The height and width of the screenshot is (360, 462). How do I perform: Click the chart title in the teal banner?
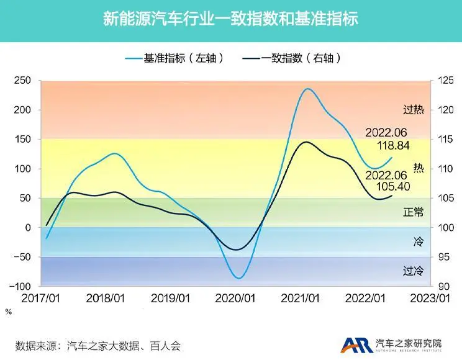231,19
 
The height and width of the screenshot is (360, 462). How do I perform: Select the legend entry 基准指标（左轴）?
174,58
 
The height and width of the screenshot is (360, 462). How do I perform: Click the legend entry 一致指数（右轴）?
292,58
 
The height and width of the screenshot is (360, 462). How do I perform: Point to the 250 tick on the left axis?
22,80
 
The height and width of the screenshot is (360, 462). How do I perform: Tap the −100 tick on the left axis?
20,286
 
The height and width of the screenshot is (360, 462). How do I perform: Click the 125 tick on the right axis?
445,80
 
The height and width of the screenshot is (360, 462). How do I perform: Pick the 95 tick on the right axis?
443,257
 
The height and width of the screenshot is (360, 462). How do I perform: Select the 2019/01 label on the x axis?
170,299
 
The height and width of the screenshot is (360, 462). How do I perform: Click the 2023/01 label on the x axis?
430,299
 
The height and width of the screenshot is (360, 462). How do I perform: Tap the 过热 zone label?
414,110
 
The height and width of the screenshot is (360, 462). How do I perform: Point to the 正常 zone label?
414,212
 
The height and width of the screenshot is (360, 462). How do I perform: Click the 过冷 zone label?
414,271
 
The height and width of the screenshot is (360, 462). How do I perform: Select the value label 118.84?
393,145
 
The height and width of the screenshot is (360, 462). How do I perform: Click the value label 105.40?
393,186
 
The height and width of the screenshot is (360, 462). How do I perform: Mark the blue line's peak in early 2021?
307,88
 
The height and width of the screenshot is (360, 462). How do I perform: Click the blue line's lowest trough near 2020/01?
239,278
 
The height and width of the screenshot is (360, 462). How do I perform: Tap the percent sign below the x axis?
9,312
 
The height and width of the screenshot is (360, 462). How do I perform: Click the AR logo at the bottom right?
357,344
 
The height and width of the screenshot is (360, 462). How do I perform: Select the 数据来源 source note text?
98,346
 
